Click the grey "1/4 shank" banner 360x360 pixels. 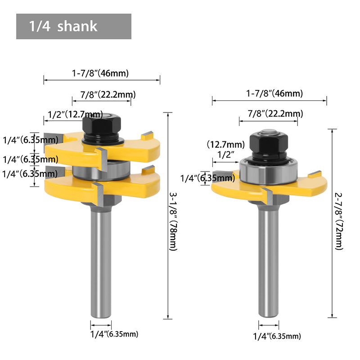(x=74, y=27)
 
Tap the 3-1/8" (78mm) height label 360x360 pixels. (x=173, y=221)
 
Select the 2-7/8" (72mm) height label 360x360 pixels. (x=339, y=221)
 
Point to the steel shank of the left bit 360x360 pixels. (x=101, y=261)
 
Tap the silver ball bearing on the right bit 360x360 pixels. (x=269, y=171)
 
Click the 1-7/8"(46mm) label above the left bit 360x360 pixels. (x=100, y=73)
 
